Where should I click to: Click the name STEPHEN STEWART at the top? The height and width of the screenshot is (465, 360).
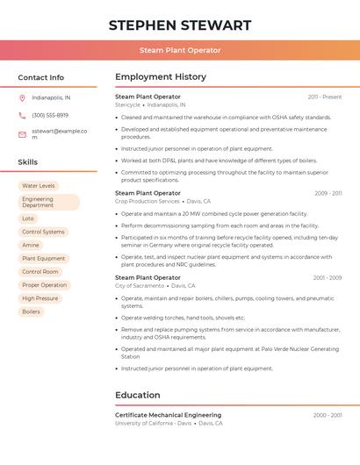coord(180,25)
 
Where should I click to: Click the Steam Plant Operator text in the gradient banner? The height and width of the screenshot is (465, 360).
coord(180,50)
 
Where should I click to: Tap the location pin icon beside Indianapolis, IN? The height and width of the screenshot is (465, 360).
coord(22,97)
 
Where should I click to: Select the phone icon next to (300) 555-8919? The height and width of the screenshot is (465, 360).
coord(22,115)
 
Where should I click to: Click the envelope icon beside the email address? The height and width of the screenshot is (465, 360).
coord(22,134)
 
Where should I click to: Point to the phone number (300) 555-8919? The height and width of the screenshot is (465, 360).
coord(50,115)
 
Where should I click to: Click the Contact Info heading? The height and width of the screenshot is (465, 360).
coord(40,77)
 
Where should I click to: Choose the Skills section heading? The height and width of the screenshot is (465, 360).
coord(27,162)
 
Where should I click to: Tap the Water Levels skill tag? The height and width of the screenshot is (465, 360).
coord(38,186)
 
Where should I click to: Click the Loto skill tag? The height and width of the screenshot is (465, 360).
coord(28,218)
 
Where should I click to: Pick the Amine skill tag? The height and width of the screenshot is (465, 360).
coord(31,245)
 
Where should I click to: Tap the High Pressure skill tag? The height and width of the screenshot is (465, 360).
coord(40,298)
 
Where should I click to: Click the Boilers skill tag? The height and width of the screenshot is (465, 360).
coord(31,311)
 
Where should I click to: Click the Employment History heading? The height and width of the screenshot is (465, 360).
coord(161,77)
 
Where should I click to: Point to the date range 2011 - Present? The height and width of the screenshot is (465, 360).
coord(324,97)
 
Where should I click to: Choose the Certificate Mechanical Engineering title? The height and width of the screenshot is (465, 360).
coord(168,415)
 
